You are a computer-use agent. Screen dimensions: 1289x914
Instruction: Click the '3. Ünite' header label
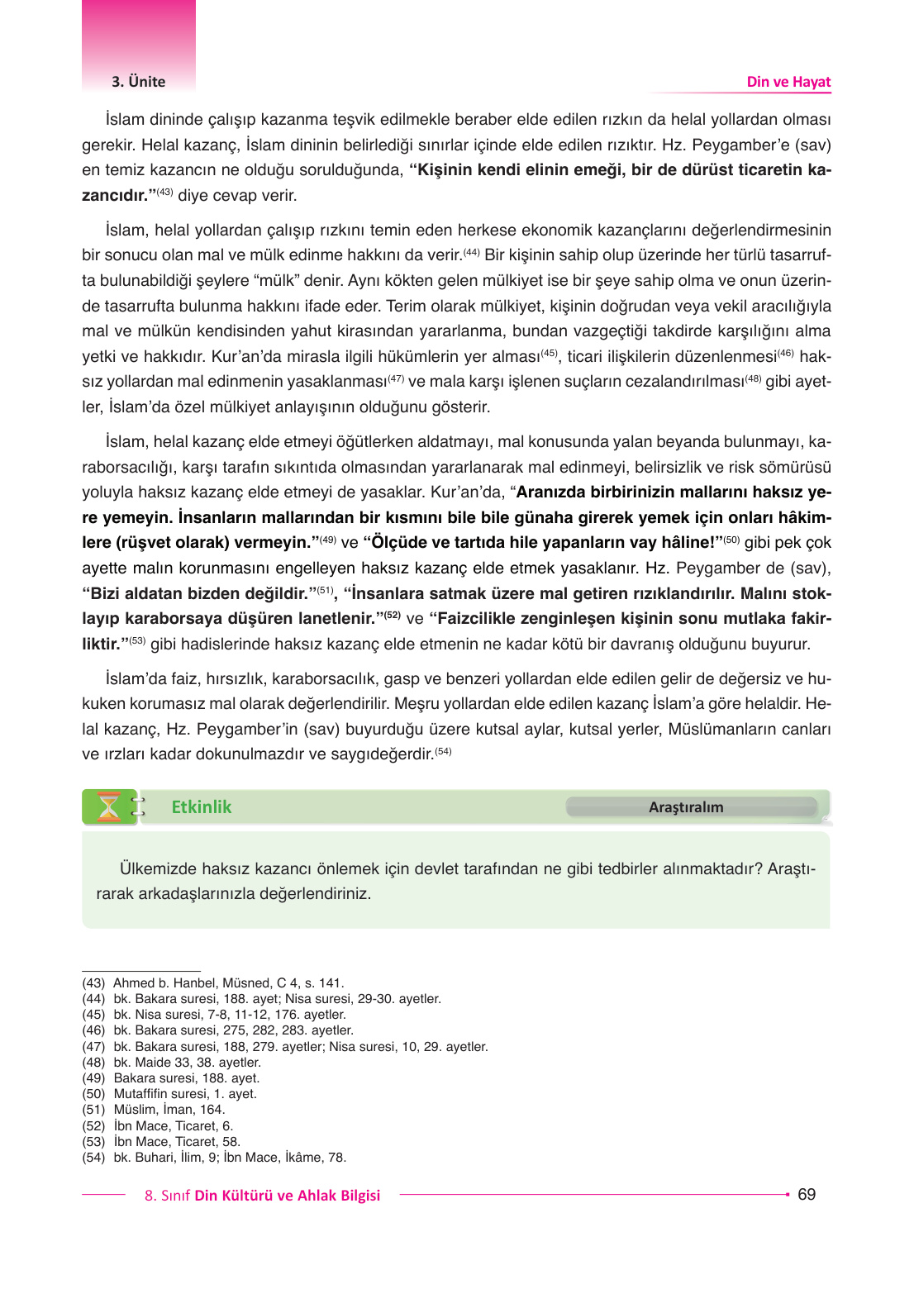[138, 82]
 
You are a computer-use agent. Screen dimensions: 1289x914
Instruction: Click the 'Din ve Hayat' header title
[788, 82]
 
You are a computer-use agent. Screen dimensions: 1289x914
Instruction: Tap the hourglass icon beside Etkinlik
[108, 807]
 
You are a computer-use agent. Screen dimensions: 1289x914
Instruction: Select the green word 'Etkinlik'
[201, 807]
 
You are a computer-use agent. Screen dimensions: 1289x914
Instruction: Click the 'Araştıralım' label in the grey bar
[686, 807]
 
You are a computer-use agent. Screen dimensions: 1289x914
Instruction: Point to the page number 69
[807, 1194]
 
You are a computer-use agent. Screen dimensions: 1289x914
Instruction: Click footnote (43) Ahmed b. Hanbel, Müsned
[212, 983]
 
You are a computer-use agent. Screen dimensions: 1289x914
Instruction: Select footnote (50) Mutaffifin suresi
[169, 1094]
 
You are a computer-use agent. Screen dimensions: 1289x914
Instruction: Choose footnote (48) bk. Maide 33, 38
[171, 1063]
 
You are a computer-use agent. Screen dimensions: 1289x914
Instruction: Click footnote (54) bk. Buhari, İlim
[213, 1158]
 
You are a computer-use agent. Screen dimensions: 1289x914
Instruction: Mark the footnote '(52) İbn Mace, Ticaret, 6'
[158, 1126]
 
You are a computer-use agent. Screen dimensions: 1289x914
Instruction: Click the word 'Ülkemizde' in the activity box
[158, 869]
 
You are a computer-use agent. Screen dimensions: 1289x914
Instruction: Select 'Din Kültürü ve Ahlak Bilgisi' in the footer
[287, 1196]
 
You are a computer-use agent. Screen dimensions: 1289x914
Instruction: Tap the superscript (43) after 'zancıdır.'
[164, 193]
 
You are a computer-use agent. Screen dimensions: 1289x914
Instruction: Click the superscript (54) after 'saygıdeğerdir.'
[443, 752]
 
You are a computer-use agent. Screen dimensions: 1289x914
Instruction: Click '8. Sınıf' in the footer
[167, 1196]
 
